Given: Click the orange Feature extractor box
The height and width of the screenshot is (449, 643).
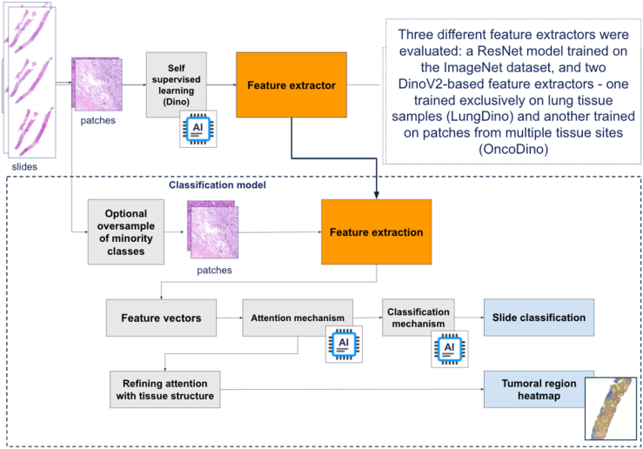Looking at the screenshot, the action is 291,85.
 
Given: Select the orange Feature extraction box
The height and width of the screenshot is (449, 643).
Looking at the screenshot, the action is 377,231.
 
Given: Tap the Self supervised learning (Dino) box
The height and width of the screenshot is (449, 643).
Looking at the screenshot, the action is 177,85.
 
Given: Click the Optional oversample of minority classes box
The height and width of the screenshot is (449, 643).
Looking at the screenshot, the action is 126,232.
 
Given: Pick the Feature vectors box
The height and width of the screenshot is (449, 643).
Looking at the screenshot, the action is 161,318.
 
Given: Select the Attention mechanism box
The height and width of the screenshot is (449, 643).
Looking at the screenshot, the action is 298,318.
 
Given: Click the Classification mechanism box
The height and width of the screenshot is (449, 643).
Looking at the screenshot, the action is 419,318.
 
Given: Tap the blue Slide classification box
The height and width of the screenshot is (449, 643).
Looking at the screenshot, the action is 539,318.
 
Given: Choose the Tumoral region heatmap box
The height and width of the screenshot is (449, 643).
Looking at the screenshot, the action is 534,390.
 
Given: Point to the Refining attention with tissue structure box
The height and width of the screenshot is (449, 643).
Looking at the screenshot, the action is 164,390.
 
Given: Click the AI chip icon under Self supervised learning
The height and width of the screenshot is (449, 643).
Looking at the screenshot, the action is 198,129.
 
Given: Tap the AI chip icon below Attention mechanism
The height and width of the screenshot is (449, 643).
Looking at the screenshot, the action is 344,344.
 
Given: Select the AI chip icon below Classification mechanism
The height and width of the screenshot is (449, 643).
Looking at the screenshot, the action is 450,349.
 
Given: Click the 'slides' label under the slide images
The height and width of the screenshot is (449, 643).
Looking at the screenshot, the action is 24,167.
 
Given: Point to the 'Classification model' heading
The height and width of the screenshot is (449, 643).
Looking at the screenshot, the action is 218,185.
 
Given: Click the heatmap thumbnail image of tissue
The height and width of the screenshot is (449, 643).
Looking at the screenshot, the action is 611,408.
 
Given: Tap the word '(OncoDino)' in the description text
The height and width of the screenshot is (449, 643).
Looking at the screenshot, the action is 513,149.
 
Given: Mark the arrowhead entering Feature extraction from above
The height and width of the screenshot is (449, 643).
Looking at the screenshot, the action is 377,195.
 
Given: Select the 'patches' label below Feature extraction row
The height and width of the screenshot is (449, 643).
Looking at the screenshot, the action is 214,271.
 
